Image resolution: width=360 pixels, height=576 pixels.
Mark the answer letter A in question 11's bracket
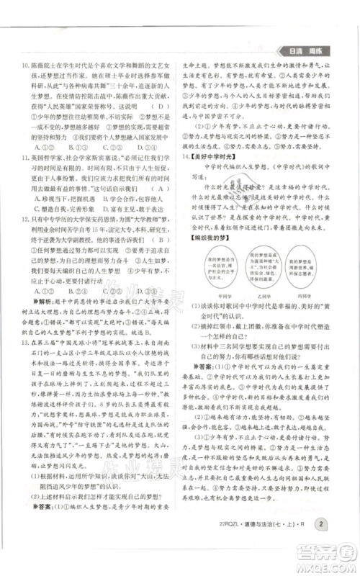[x=150, y=185]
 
